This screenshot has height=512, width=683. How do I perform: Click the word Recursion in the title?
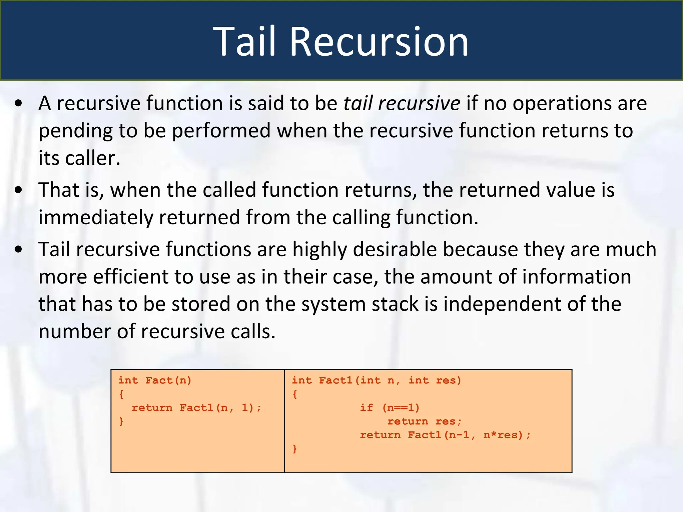point(379,42)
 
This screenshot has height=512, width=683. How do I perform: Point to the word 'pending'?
point(75,131)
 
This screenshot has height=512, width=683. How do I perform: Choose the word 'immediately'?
point(95,217)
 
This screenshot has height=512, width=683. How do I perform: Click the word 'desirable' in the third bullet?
point(395,249)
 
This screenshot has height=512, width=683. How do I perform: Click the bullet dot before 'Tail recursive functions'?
point(19,249)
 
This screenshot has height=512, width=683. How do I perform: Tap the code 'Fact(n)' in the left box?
point(168,380)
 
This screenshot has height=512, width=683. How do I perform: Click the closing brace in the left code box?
point(121,421)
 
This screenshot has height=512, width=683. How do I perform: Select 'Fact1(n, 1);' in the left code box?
point(220,408)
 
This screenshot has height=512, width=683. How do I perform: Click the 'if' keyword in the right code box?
point(366,408)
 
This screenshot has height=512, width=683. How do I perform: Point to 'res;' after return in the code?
point(449,421)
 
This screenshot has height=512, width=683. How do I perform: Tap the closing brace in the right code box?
point(294,449)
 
